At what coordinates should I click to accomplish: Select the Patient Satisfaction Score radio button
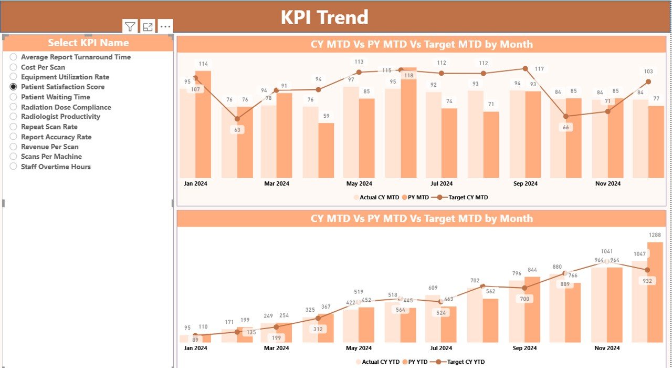click(14, 87)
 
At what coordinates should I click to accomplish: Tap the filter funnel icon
click(130, 27)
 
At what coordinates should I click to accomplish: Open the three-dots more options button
click(165, 27)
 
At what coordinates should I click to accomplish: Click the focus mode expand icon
click(148, 27)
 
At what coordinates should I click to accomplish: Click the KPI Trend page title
click(324, 17)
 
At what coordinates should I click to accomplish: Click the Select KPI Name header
click(88, 43)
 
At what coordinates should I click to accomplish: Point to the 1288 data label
click(655, 235)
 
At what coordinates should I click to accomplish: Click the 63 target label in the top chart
click(237, 130)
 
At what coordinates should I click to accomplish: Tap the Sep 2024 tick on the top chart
click(525, 183)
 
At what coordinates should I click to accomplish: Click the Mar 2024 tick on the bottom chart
click(276, 348)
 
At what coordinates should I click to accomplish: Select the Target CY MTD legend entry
click(462, 198)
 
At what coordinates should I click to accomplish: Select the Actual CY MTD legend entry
click(376, 198)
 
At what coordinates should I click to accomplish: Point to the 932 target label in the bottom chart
click(647, 281)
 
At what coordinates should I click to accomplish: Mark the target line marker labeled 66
click(565, 116)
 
